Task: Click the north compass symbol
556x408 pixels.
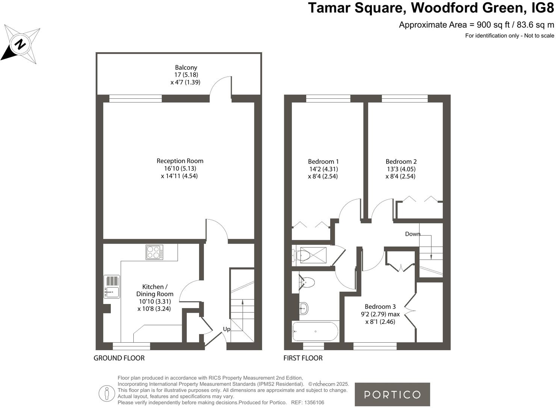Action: [21, 45]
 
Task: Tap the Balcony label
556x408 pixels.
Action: [186, 68]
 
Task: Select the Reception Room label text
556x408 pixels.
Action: [180, 161]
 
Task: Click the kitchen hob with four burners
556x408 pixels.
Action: [154, 252]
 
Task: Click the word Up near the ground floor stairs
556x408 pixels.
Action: [227, 329]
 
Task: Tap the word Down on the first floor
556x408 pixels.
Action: [412, 234]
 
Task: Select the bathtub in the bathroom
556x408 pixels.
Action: [315, 331]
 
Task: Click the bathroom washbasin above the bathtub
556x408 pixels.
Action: [304, 309]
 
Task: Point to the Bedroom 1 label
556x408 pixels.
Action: [323, 162]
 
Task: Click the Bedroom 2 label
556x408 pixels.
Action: [401, 162]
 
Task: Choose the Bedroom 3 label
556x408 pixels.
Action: [380, 307]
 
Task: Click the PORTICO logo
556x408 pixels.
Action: [392, 394]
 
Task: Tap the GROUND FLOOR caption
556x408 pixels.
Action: [119, 358]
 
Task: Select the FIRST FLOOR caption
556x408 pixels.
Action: [303, 358]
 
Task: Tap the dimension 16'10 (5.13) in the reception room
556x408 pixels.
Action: [180, 169]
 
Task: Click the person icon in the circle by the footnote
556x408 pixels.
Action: [107, 393]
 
